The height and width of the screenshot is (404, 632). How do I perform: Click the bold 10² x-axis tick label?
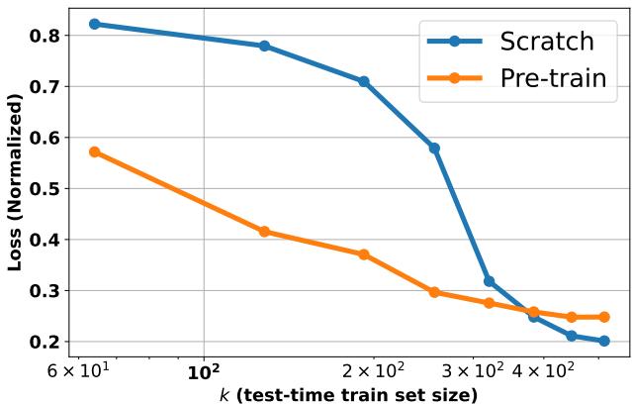click(x=204, y=372)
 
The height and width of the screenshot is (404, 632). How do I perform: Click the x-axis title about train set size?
click(x=348, y=394)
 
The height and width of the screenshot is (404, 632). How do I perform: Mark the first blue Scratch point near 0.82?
click(x=95, y=24)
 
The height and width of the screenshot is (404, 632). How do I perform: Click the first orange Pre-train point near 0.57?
click(x=95, y=151)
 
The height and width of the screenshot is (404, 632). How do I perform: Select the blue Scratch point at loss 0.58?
click(x=434, y=148)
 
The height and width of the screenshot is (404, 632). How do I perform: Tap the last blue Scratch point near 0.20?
click(x=604, y=341)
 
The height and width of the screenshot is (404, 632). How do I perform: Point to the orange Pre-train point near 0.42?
click(x=264, y=232)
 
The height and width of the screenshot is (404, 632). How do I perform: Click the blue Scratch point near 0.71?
click(x=364, y=81)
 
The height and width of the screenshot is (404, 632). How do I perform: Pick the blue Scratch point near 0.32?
click(x=489, y=281)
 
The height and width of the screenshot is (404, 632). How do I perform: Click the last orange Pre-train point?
click(x=604, y=317)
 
